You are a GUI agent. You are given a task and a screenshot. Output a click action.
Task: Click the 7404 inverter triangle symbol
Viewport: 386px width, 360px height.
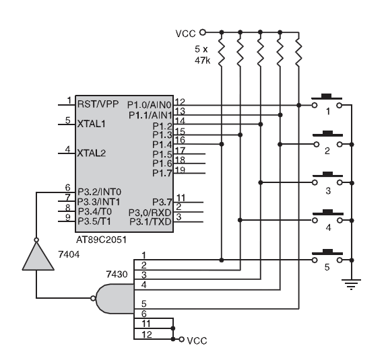click(x=38, y=256)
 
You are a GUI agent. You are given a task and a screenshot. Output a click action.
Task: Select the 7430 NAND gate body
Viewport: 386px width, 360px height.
click(x=115, y=299)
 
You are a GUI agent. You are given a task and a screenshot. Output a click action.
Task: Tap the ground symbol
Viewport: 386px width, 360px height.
click(x=351, y=285)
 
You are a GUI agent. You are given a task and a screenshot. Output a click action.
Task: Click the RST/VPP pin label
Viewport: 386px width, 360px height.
click(x=98, y=104)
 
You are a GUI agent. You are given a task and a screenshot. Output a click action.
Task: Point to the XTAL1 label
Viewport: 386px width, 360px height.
click(x=92, y=124)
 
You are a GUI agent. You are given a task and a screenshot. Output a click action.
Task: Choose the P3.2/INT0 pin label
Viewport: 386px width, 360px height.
click(x=99, y=192)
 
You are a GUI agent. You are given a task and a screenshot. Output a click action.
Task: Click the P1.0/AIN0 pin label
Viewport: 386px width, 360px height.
click(x=149, y=105)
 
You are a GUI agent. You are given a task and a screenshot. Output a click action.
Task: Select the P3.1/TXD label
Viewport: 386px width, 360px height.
click(x=150, y=222)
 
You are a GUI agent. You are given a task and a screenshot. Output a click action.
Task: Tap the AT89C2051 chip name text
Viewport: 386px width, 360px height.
click(x=101, y=240)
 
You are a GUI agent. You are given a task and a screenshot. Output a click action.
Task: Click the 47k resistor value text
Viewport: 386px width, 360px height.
click(x=202, y=61)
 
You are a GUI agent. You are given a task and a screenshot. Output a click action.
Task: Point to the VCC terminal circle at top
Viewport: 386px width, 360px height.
click(x=202, y=32)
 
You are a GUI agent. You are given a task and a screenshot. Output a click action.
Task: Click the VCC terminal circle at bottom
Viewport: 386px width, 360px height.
click(x=181, y=339)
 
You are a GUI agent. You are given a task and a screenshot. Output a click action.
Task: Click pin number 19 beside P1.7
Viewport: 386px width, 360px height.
click(x=180, y=170)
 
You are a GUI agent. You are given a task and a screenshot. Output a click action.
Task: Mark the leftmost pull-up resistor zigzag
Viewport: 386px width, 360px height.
click(x=222, y=53)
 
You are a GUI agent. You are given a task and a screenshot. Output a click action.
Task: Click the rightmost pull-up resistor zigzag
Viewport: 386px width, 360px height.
click(x=298, y=53)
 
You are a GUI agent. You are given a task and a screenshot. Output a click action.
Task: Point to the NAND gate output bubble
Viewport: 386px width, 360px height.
click(x=93, y=299)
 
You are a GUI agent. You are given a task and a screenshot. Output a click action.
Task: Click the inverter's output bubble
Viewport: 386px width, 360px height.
click(x=36, y=240)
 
